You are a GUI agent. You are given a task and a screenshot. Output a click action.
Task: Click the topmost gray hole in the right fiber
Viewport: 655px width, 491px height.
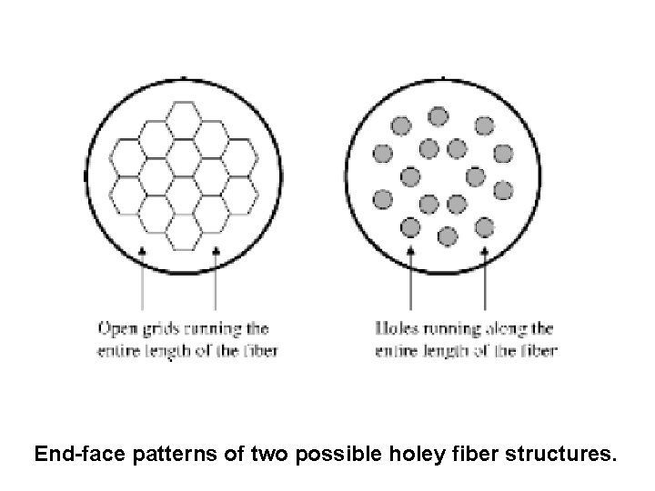[x=438, y=115]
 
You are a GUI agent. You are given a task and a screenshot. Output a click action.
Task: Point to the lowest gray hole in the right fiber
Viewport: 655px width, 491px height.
[x=448, y=236]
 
